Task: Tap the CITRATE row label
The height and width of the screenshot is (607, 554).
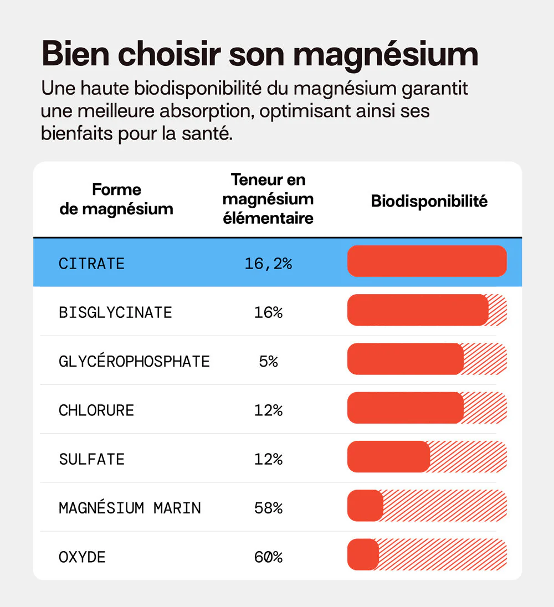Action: tap(91, 264)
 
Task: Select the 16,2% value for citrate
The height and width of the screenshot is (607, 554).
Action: tap(268, 264)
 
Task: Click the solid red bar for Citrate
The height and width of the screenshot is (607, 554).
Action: tap(427, 261)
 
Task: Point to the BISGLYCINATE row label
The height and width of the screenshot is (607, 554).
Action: tap(115, 312)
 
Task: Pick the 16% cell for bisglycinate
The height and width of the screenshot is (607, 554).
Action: tap(268, 312)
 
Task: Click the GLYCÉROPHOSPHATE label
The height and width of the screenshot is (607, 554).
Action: tap(134, 362)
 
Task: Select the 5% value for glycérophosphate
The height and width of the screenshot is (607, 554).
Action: tap(268, 362)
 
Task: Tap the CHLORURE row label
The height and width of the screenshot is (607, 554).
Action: tap(96, 410)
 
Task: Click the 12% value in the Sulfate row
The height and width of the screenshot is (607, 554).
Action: tap(268, 459)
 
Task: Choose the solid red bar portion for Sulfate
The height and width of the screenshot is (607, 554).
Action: tap(388, 457)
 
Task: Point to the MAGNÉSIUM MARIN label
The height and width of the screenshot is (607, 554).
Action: tap(130, 508)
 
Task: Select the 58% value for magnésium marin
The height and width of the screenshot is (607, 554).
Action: tap(268, 508)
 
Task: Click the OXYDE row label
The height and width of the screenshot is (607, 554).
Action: tap(82, 557)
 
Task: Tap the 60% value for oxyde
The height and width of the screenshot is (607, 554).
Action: tap(268, 557)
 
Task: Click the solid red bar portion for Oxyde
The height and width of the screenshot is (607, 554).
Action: tap(363, 554)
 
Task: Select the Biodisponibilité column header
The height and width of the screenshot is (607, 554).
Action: tap(429, 201)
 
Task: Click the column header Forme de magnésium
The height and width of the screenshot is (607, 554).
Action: tap(116, 199)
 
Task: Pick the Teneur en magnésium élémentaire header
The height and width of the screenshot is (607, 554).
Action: tap(268, 199)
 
